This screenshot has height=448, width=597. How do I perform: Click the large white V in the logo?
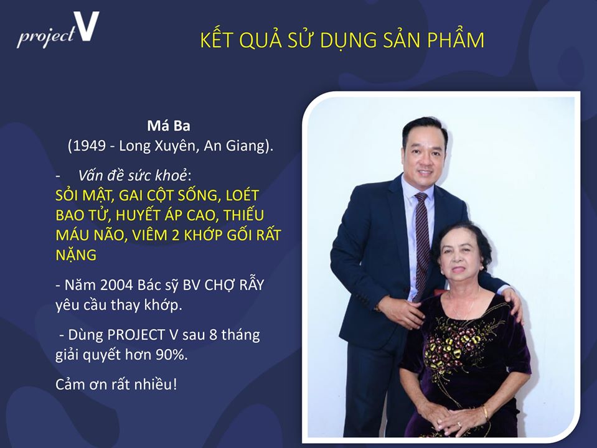point(87,26)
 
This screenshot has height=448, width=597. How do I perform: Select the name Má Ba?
point(169,126)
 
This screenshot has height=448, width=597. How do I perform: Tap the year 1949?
point(89,146)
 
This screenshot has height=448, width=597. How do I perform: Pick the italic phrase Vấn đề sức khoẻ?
point(133,175)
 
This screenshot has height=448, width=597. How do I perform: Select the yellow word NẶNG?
point(76,254)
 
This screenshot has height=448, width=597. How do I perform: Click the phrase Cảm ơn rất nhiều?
point(116,385)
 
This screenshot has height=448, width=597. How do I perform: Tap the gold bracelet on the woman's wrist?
point(485,413)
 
